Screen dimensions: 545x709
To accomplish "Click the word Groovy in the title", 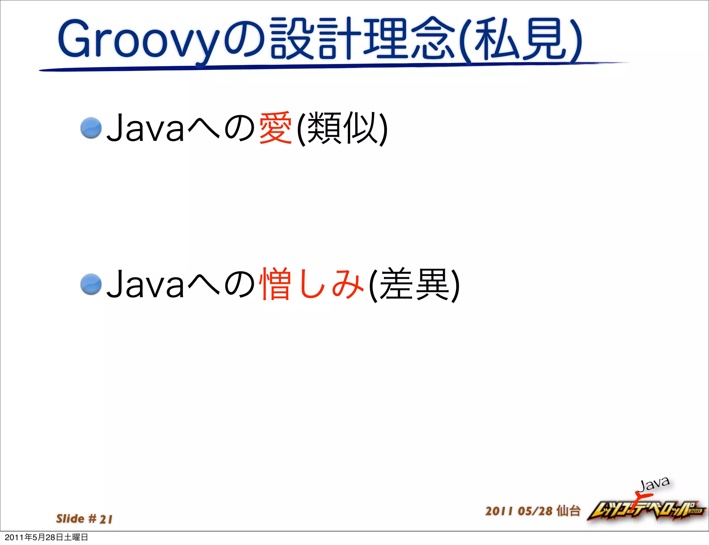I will (138, 40).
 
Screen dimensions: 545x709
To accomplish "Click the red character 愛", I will (275, 128).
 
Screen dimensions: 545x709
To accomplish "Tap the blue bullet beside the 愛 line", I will (91, 128).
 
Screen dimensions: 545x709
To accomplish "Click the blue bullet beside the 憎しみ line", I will (91, 284).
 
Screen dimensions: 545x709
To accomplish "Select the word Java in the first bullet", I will (145, 129).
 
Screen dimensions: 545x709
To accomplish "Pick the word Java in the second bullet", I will (145, 285).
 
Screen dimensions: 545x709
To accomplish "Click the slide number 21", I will (106, 519).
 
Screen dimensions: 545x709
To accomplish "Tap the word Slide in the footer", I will (70, 518).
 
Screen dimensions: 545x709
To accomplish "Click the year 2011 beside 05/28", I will (499, 511).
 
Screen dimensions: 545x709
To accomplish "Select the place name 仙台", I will (568, 511).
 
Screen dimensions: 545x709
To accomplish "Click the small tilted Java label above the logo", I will (654, 484).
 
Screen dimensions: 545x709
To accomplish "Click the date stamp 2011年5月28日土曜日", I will (46, 537).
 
